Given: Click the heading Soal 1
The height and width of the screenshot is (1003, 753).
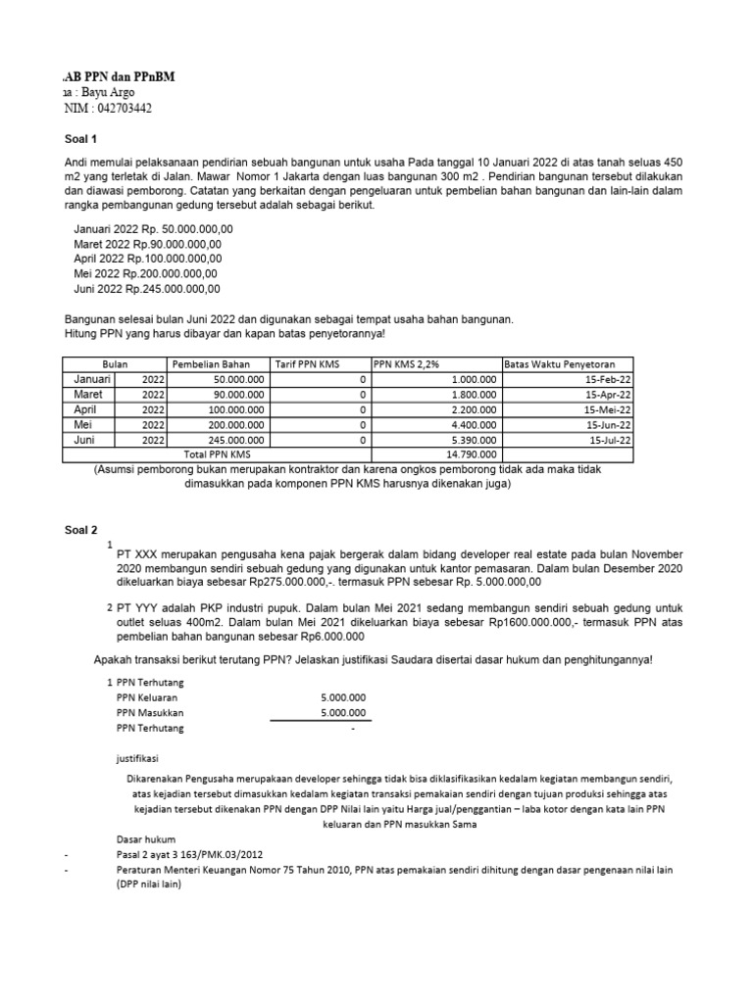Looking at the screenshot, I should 81,138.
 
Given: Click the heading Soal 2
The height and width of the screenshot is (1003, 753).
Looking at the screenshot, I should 81,529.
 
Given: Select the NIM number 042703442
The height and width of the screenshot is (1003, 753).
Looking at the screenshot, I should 118,108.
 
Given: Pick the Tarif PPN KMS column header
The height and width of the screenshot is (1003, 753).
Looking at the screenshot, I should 307,363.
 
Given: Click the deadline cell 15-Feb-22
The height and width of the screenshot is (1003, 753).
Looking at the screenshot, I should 607,379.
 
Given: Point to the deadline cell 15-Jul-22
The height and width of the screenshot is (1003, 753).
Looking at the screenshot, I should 608,440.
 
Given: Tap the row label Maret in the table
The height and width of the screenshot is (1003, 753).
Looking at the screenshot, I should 88,394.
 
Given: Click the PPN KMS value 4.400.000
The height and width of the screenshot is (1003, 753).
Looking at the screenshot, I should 472,424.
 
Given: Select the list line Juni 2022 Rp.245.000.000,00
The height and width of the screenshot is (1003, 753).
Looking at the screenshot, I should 147,289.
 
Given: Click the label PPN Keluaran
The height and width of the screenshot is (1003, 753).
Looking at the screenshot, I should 150,697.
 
